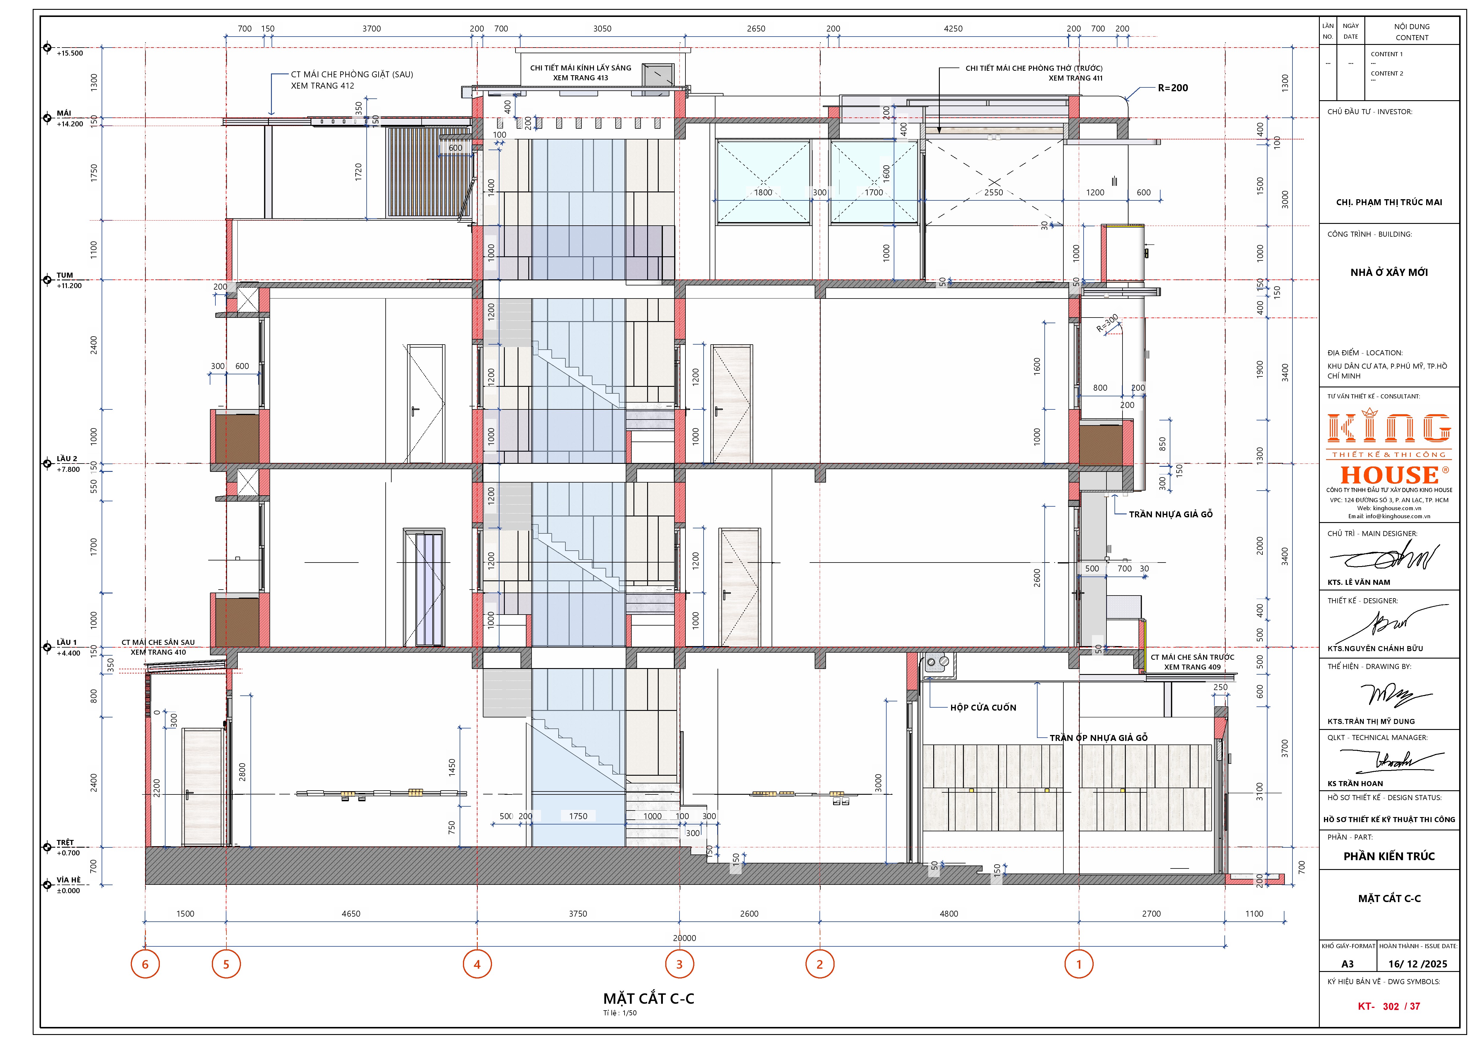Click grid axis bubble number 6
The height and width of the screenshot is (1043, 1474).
pyautogui.click(x=145, y=964)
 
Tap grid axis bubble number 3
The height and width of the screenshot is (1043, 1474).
pyautogui.click(x=679, y=964)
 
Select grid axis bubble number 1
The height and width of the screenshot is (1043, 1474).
pyautogui.click(x=1079, y=964)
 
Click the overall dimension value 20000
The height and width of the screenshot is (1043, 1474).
pyautogui.click(x=684, y=938)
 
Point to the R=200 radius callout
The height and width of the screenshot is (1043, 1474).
pyautogui.click(x=1173, y=88)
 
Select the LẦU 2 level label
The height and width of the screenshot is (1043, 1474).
pyautogui.click(x=67, y=458)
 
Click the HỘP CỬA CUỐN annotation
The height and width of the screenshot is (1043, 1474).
pyautogui.click(x=983, y=707)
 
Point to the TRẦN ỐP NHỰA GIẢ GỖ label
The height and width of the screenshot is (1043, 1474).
pyautogui.click(x=1098, y=738)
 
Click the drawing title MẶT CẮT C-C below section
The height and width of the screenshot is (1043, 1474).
pyautogui.click(x=648, y=999)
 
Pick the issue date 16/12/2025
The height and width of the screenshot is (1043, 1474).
pyautogui.click(x=1418, y=964)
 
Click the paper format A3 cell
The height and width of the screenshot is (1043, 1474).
pyautogui.click(x=1347, y=964)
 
